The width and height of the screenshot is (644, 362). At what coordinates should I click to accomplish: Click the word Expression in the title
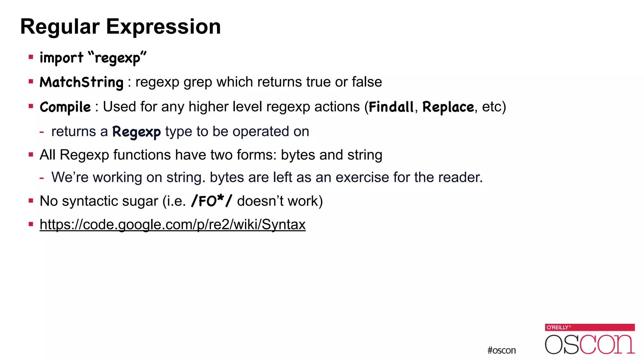click(163, 27)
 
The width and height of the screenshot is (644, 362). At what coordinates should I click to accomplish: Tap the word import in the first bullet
click(61, 58)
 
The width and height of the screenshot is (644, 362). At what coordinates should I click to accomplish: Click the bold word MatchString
click(81, 82)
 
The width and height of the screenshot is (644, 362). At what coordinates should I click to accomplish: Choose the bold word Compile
click(65, 107)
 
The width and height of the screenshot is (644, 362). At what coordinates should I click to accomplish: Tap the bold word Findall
click(391, 107)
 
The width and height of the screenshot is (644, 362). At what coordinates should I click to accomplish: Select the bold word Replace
click(448, 107)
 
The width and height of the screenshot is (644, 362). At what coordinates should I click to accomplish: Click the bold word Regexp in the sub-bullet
click(136, 132)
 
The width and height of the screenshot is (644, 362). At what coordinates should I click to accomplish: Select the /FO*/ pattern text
click(212, 201)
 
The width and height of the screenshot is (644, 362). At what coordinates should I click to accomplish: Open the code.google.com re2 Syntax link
click(173, 225)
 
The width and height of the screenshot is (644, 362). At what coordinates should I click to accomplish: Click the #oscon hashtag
click(502, 350)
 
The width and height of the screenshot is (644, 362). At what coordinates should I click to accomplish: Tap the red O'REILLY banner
click(590, 327)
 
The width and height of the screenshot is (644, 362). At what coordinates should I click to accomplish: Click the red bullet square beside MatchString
click(31, 82)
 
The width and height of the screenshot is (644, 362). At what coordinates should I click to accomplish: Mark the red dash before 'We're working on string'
click(42, 178)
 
